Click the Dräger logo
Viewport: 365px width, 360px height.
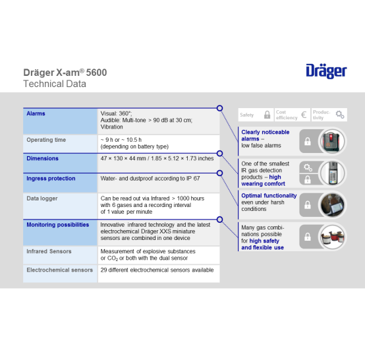pos(326,71)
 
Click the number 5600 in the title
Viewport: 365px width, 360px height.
pos(96,73)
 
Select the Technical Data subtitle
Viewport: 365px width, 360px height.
pos(55,84)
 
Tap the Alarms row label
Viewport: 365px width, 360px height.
pos(36,113)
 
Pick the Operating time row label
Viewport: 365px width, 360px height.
pos(46,140)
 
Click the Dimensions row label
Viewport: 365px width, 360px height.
pos(42,158)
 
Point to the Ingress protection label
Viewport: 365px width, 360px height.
pos(51,179)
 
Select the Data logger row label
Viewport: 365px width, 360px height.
pos(42,198)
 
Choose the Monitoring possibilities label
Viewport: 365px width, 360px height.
pos(58,225)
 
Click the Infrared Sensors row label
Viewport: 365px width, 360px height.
pos(49,251)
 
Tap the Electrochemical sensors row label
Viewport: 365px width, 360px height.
pos(59,270)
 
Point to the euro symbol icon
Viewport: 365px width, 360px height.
pos(304,115)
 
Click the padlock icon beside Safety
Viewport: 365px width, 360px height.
pos(267,115)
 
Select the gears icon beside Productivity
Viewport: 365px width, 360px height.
pos(340,115)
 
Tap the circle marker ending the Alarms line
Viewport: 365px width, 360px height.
pos(219,108)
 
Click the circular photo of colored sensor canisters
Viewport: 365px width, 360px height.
pos(333,237)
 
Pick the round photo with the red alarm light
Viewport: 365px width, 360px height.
pos(333,141)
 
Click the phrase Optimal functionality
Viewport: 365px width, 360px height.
pos(269,196)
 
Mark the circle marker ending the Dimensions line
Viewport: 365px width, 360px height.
pos(219,154)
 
